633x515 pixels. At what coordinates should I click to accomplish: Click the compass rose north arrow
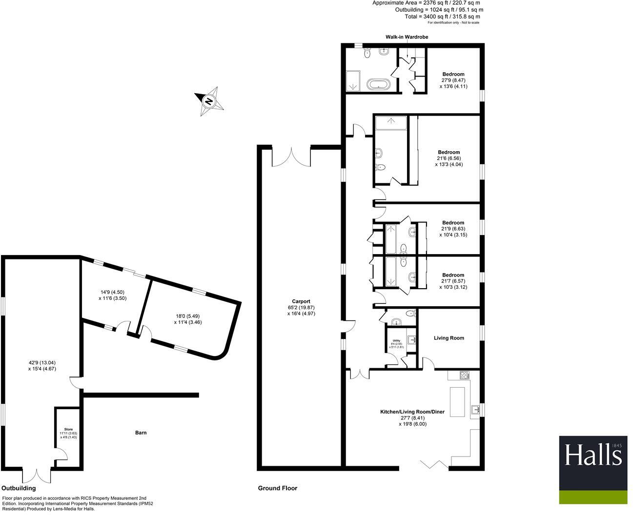point(209,101)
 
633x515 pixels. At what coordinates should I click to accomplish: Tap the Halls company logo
point(593,470)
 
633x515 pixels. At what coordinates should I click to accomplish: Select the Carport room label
point(301,301)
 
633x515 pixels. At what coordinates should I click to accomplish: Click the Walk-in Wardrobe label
point(407,37)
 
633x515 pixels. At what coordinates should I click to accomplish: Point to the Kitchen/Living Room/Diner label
point(412,412)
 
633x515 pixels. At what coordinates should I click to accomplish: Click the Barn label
point(141,433)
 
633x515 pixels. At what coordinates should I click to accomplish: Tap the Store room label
point(68,430)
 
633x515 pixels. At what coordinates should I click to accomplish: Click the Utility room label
point(396,341)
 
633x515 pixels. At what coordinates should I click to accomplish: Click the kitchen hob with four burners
point(465,375)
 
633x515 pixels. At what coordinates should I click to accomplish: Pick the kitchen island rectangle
point(457,402)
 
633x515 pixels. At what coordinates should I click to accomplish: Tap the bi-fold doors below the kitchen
point(434,464)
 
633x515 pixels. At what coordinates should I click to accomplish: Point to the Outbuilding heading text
point(19,488)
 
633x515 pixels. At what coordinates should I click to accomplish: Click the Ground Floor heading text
point(278,488)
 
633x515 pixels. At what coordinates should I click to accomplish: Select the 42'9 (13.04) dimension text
point(42,363)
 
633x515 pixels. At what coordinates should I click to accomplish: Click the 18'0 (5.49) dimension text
point(188,316)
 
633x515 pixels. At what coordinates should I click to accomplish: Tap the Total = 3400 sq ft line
point(442,17)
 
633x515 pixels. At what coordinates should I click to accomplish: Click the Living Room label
point(449,338)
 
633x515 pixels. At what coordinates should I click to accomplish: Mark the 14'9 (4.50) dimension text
point(112,292)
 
